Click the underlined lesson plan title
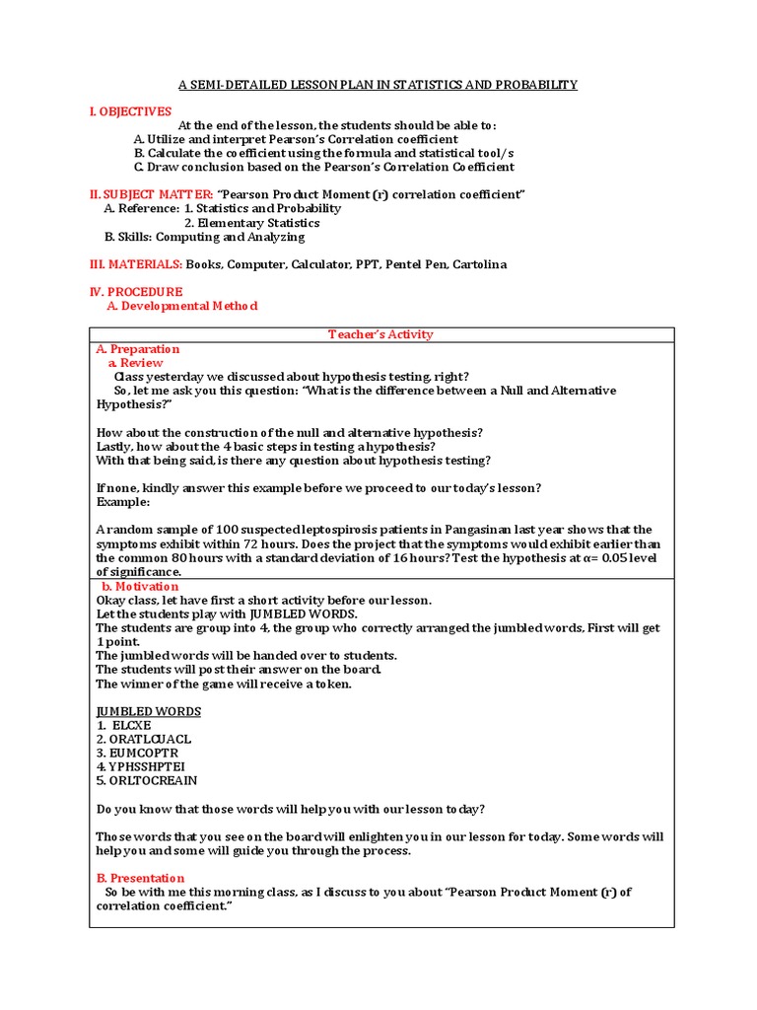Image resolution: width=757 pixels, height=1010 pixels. click(378, 85)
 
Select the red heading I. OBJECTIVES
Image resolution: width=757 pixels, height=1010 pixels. click(130, 111)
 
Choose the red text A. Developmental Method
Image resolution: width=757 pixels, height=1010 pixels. click(182, 306)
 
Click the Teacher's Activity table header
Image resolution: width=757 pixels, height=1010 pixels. click(380, 334)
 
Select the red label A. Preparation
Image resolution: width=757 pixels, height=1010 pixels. click(138, 349)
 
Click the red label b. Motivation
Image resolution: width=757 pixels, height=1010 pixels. click(143, 586)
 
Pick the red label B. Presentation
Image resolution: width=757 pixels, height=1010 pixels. click(140, 878)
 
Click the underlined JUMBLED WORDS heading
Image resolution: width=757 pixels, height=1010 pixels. click(148, 711)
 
